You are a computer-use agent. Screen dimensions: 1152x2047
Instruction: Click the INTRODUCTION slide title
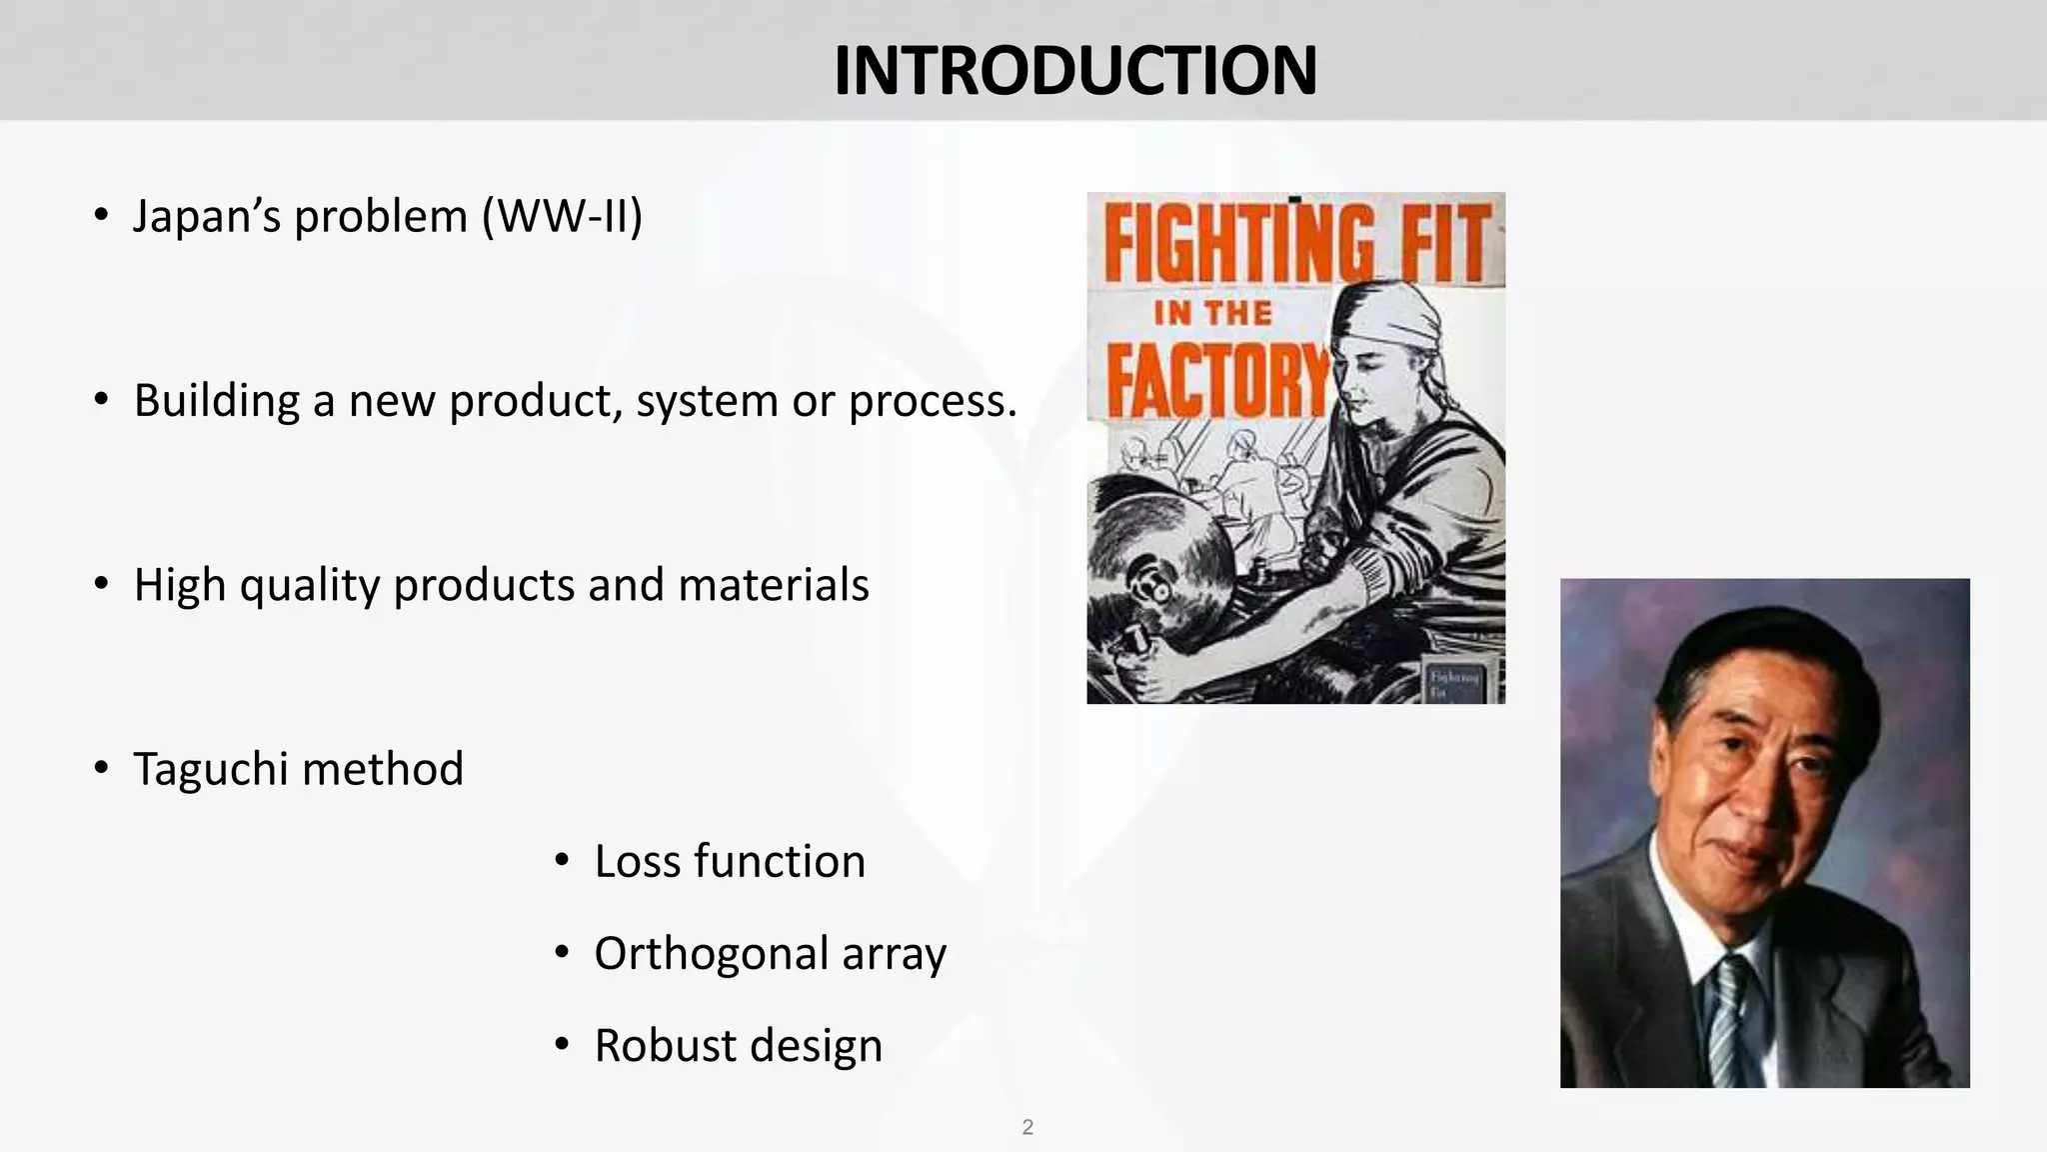(x=1074, y=71)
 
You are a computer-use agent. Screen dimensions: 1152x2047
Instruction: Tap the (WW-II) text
(x=562, y=216)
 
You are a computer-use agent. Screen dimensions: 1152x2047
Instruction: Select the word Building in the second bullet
(x=217, y=401)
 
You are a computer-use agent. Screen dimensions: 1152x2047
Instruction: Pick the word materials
(x=774, y=585)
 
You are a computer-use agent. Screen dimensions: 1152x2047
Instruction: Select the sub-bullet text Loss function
(x=730, y=861)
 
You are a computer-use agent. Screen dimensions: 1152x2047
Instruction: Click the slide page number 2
(x=1027, y=1127)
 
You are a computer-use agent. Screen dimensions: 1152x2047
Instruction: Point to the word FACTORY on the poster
(x=1217, y=380)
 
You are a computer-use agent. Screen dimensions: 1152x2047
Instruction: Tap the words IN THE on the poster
(x=1213, y=313)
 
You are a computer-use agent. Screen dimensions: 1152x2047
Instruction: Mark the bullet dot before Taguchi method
(x=101, y=768)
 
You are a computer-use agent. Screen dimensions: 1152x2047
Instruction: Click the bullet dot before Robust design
(x=562, y=1045)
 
